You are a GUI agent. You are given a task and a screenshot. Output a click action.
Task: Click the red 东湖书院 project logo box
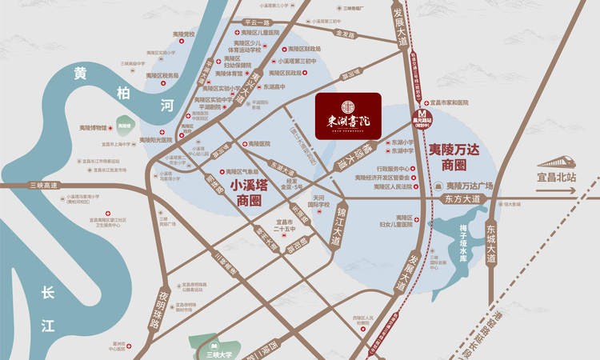click(348, 118)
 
